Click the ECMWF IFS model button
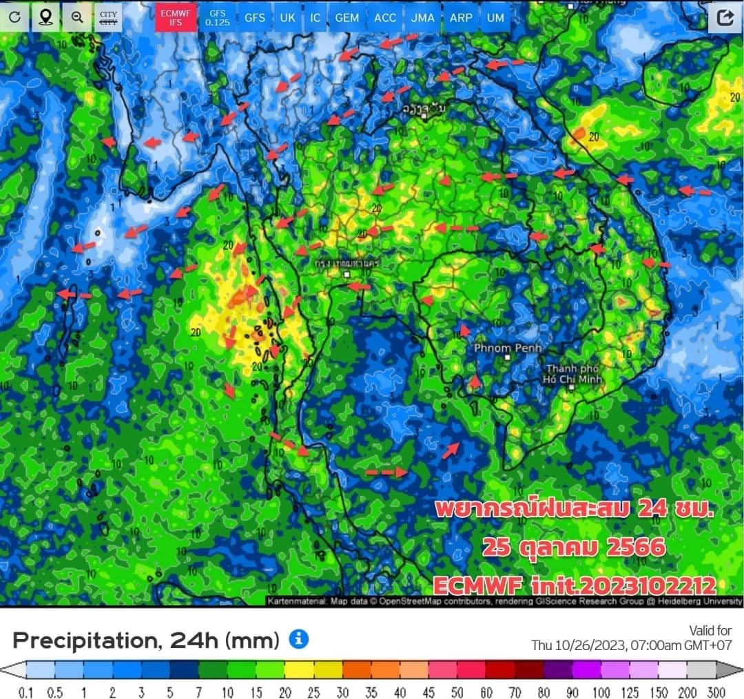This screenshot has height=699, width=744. click(x=175, y=17)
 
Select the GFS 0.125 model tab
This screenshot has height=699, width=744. click(x=218, y=17)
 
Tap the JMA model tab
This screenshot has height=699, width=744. click(x=422, y=17)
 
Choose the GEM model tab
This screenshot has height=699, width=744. click(x=347, y=17)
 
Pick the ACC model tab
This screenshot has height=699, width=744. click(x=385, y=17)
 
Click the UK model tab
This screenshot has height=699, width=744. click(x=287, y=17)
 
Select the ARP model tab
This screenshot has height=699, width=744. click(x=461, y=17)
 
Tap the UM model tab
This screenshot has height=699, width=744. click(x=495, y=17)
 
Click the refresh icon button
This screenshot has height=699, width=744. click(x=15, y=17)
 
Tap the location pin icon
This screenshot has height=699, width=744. click(x=46, y=17)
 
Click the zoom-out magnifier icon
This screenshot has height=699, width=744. click(x=77, y=17)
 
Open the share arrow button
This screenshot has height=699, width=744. click(x=725, y=17)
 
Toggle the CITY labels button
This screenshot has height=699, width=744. click(x=108, y=17)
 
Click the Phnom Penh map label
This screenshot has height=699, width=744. click(x=508, y=348)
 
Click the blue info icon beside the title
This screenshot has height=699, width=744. click(x=298, y=639)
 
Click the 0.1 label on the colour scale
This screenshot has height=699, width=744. click(x=26, y=692)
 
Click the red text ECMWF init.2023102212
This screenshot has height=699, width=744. click(x=575, y=585)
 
